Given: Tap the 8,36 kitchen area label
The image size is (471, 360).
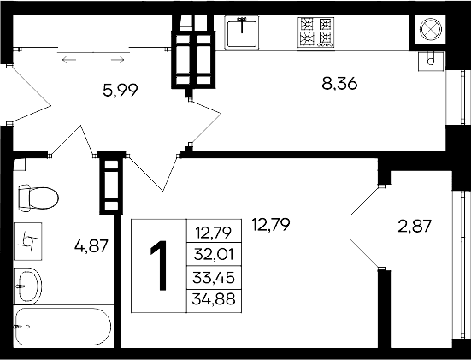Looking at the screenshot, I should [x=339, y=84].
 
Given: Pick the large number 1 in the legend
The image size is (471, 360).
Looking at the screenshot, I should [x=159, y=264].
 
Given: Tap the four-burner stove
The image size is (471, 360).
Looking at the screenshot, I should [x=315, y=32].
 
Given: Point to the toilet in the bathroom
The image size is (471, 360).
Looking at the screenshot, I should [x=36, y=198].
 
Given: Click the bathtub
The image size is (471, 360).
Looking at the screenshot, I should [x=62, y=328].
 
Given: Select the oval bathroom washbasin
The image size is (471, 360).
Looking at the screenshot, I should [x=27, y=286].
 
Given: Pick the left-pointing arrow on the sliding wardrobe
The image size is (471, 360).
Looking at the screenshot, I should [x=69, y=60].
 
